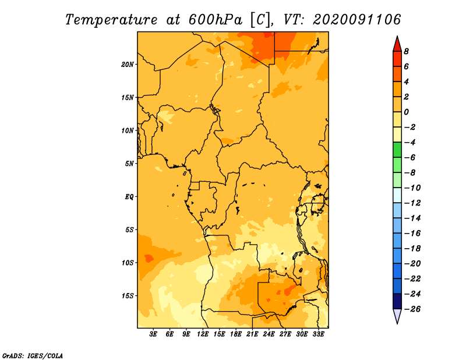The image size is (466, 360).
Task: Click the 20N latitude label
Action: pyautogui.click(x=128, y=65)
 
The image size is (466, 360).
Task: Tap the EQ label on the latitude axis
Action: pyautogui.click(x=129, y=197)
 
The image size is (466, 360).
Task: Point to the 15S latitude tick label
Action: pyautogui.click(x=128, y=296)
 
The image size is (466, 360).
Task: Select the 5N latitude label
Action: pyautogui.click(x=129, y=164)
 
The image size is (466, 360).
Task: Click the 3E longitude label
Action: pyautogui.click(x=153, y=334)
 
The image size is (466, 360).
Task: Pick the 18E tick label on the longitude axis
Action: pyautogui.click(x=236, y=334)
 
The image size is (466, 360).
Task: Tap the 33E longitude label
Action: pyautogui.click(x=318, y=334)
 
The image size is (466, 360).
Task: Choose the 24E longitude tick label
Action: pyautogui.click(x=269, y=334)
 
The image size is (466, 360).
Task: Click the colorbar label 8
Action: pyautogui.click(x=406, y=51)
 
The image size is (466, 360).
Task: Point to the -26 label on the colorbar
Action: pyautogui.click(x=412, y=309)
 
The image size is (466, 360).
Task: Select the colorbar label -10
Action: pyautogui.click(x=412, y=188)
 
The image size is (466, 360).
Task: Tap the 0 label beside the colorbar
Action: pyautogui.click(x=406, y=112)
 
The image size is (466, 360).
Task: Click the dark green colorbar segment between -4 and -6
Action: pyautogui.click(x=397, y=150)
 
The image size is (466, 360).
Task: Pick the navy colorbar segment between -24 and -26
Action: pyautogui.click(x=397, y=301)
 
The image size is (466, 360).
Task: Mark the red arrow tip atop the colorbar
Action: pyautogui.click(x=397, y=36)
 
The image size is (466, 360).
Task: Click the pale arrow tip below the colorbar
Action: pyautogui.click(x=397, y=324)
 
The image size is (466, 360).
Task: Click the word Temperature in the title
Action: pyautogui.click(x=111, y=20)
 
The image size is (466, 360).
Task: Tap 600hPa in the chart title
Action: pyautogui.click(x=215, y=20)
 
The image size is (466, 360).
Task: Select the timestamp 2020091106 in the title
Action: pyautogui.click(x=357, y=20)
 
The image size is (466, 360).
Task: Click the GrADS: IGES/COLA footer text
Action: pyautogui.click(x=33, y=356)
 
